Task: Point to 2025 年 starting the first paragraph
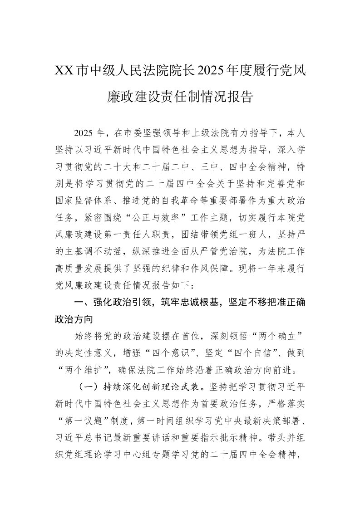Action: (89, 133)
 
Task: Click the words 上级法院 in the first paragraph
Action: (209, 133)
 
